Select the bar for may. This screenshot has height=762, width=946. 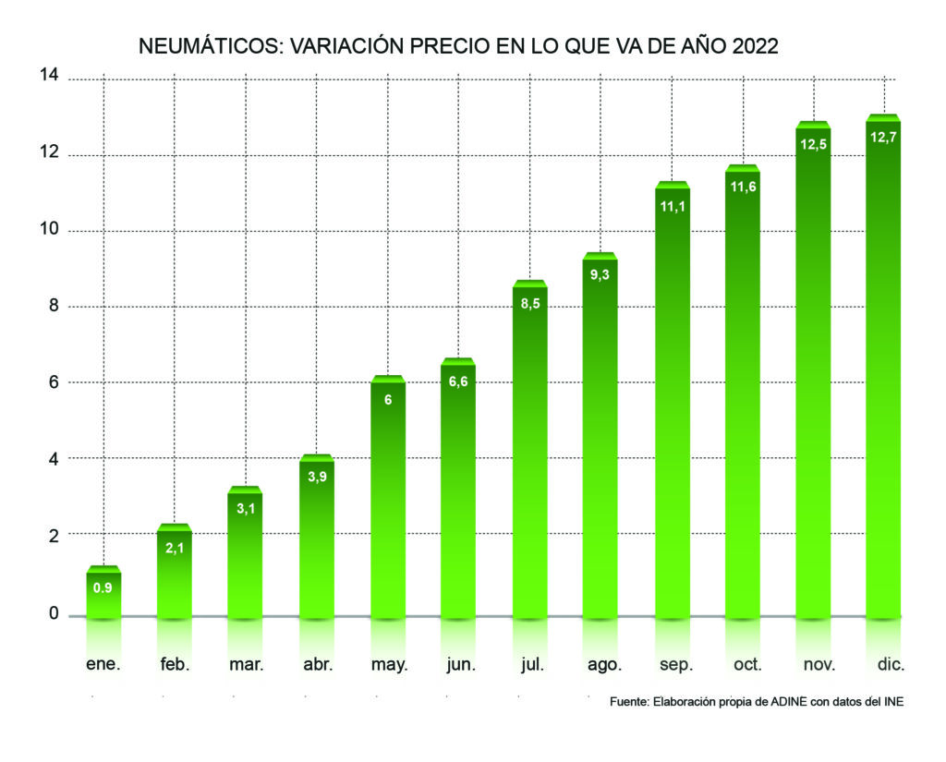pos(388,499)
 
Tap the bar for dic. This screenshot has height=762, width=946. pos(883,369)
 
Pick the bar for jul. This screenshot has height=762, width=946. pos(529,453)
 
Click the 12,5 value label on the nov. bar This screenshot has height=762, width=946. pos(813,143)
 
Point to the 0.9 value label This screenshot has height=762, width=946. pos(104,587)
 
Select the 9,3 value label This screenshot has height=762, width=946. pos(600,274)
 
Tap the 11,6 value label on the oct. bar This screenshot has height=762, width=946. pos(742,187)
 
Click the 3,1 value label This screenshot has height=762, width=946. pos(246,508)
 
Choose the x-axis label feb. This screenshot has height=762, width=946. pos(175,664)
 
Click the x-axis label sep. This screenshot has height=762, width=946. pos(672,664)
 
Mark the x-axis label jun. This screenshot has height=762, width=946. pos(458,664)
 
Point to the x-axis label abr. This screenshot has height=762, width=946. pos(317,664)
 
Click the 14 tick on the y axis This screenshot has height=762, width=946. pos(49,76)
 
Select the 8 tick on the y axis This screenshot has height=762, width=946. pos(54,306)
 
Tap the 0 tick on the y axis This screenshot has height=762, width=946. pos(54,613)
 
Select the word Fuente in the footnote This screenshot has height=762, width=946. pos(629,702)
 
